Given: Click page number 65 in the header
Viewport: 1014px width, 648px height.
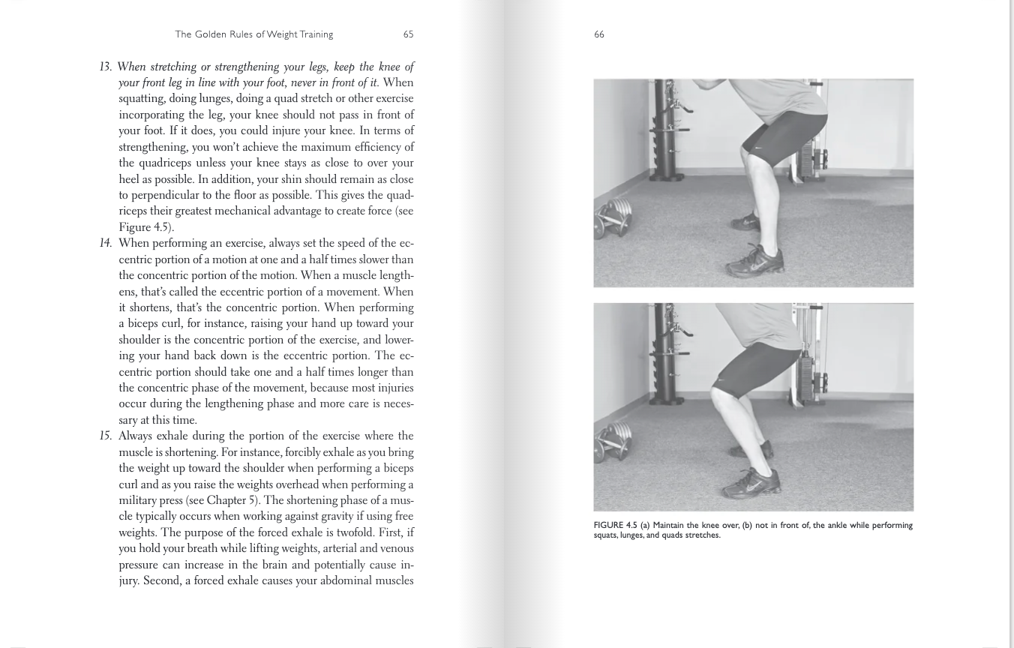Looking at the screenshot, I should [408, 34].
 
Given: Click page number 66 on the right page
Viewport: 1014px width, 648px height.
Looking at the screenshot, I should [598, 34].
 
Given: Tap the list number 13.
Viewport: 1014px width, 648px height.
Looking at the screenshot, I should [105, 67].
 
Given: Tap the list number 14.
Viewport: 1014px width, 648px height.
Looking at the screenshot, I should [105, 243].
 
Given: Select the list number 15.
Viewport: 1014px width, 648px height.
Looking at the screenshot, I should [105, 436].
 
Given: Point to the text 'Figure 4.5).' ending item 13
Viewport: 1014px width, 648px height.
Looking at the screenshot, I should [146, 227].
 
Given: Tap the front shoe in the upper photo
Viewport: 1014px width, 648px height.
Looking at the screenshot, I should [754, 260].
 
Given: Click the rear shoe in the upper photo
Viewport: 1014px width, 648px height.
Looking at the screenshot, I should [745, 222].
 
